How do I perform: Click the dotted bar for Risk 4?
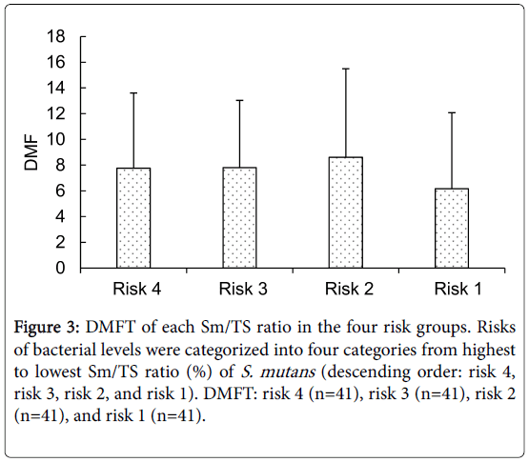[x=133, y=218]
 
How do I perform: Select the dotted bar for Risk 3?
[x=239, y=217]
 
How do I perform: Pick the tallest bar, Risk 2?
[x=346, y=212]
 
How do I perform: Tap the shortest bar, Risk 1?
[x=452, y=229]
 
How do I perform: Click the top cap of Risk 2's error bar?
[x=346, y=69]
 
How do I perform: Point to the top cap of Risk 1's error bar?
[x=452, y=112]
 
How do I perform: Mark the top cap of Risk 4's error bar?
[x=133, y=92]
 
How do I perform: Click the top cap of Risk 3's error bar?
[x=239, y=100]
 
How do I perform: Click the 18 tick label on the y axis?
[x=55, y=36]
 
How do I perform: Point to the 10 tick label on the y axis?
[x=55, y=139]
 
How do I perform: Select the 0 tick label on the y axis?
[x=60, y=268]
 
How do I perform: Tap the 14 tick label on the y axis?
[x=55, y=88]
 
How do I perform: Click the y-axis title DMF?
[x=31, y=152]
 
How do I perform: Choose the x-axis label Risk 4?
[x=137, y=289]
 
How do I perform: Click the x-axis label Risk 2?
[x=349, y=289]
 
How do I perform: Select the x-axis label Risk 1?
[x=458, y=289]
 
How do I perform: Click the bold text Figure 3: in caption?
[x=47, y=328]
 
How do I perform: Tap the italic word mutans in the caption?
[x=288, y=372]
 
